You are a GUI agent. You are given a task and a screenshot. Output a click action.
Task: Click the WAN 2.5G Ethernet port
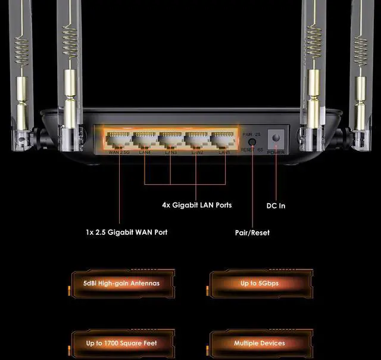[x=118, y=141]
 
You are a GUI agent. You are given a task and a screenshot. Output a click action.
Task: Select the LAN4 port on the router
[x=145, y=141]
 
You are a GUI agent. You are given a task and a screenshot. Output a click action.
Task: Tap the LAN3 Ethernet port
[x=171, y=141]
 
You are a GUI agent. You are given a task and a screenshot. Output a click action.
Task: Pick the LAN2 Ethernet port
[x=198, y=141]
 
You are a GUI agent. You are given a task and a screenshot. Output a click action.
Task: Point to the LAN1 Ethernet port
[x=224, y=141]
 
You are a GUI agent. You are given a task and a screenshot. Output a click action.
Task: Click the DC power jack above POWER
[x=276, y=139]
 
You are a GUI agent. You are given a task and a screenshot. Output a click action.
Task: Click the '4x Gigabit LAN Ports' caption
[x=196, y=205]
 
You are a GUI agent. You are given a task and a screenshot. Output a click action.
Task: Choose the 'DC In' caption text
[x=276, y=206]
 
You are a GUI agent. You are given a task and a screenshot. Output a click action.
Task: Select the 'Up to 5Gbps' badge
[x=260, y=283]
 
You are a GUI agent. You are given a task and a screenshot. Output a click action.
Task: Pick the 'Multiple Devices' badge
[x=260, y=343]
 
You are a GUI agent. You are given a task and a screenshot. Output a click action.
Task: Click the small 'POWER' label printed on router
[x=276, y=152]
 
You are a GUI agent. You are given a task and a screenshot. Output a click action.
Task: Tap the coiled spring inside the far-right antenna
[x=360, y=48]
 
